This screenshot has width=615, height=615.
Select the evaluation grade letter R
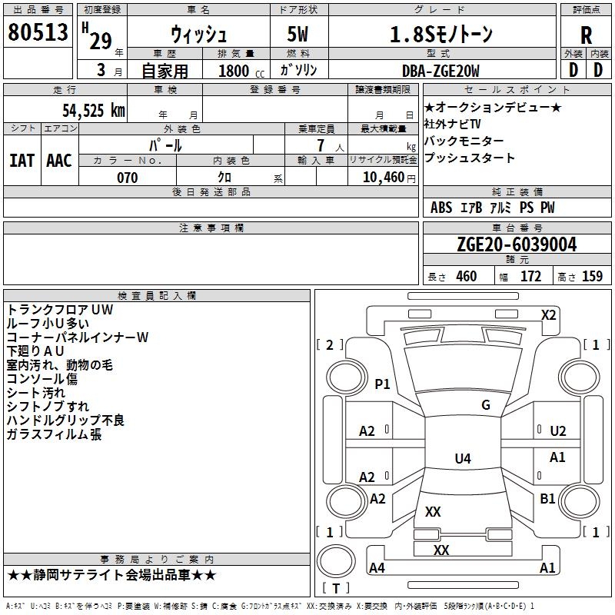pos(586,35)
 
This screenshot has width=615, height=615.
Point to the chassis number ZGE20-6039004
pos(516,244)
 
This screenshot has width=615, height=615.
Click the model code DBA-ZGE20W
pos(440,71)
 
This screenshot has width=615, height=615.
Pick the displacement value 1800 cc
pos(239,71)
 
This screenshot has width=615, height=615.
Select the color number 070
pos(128,178)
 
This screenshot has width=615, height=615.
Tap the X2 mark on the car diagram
pos(549,314)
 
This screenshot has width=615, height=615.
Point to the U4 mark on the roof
pos(462,459)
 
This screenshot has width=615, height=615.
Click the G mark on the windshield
pos(486,405)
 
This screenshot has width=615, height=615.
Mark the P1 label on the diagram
pos(382,384)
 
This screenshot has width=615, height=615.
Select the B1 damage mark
pos(547,499)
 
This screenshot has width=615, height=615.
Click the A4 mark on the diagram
pos(377,568)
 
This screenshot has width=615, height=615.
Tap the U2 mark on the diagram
pos(557,431)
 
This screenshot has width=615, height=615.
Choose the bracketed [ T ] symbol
pos(335,588)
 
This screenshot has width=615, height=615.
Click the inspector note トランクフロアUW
pos(59,310)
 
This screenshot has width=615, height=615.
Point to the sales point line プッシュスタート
pos(469,158)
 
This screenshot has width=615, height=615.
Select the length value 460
pos(466,277)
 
